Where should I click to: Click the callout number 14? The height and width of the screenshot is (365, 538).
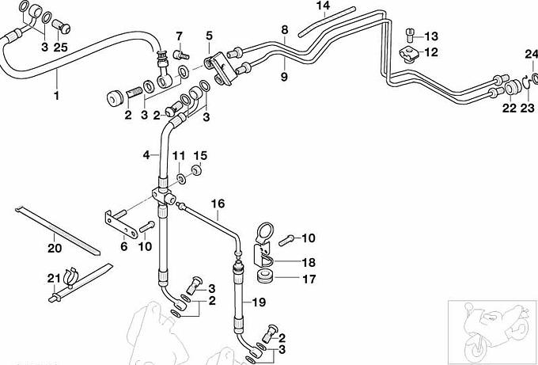point(322,6)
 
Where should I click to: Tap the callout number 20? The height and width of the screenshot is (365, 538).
point(53,248)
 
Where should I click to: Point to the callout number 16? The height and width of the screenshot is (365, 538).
point(217,203)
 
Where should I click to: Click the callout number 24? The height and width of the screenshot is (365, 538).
point(529,54)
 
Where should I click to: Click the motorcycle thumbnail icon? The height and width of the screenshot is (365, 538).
point(491,330)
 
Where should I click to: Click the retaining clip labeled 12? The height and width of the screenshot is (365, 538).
point(410,55)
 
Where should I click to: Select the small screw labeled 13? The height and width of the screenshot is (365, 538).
point(410,34)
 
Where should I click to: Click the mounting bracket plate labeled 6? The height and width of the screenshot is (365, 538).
point(119,221)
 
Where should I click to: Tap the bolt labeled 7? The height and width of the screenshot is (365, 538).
point(180,55)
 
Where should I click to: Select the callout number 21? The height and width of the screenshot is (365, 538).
point(53,276)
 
